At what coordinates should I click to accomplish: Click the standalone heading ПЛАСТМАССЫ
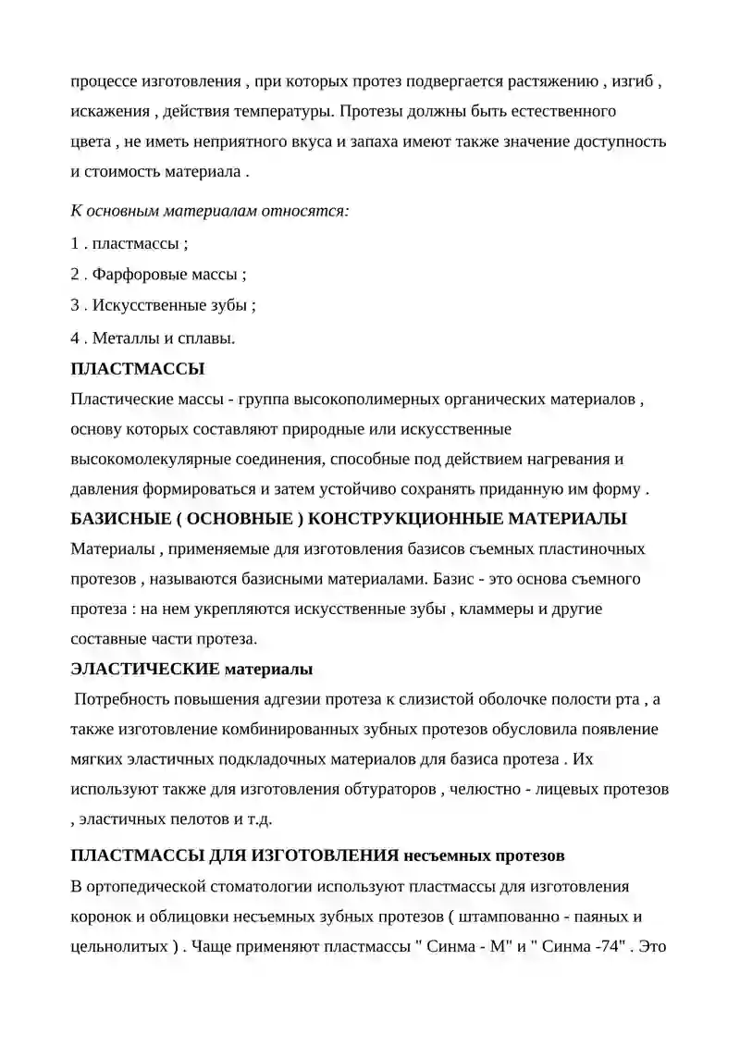(x=138, y=369)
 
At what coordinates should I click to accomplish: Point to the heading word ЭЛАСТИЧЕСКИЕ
(x=145, y=669)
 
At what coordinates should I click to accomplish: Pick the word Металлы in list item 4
(x=122, y=338)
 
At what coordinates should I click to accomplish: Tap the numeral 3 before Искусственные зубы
(x=75, y=306)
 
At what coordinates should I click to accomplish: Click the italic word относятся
(x=310, y=210)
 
